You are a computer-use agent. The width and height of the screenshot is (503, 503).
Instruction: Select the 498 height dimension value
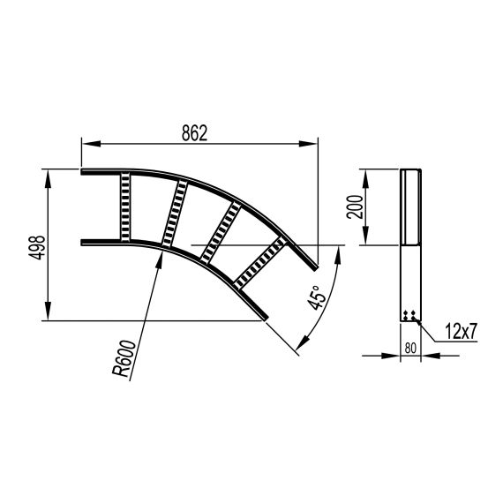36,246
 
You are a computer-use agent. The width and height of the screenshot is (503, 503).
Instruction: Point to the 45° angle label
319,290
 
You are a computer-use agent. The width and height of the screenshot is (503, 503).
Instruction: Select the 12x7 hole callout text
460,332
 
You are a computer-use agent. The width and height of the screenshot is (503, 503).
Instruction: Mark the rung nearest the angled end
262,262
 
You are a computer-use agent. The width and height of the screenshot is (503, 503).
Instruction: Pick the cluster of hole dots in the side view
409,314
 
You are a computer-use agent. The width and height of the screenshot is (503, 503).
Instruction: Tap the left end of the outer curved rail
84,170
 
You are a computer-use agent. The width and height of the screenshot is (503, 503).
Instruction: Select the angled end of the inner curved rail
264,317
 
